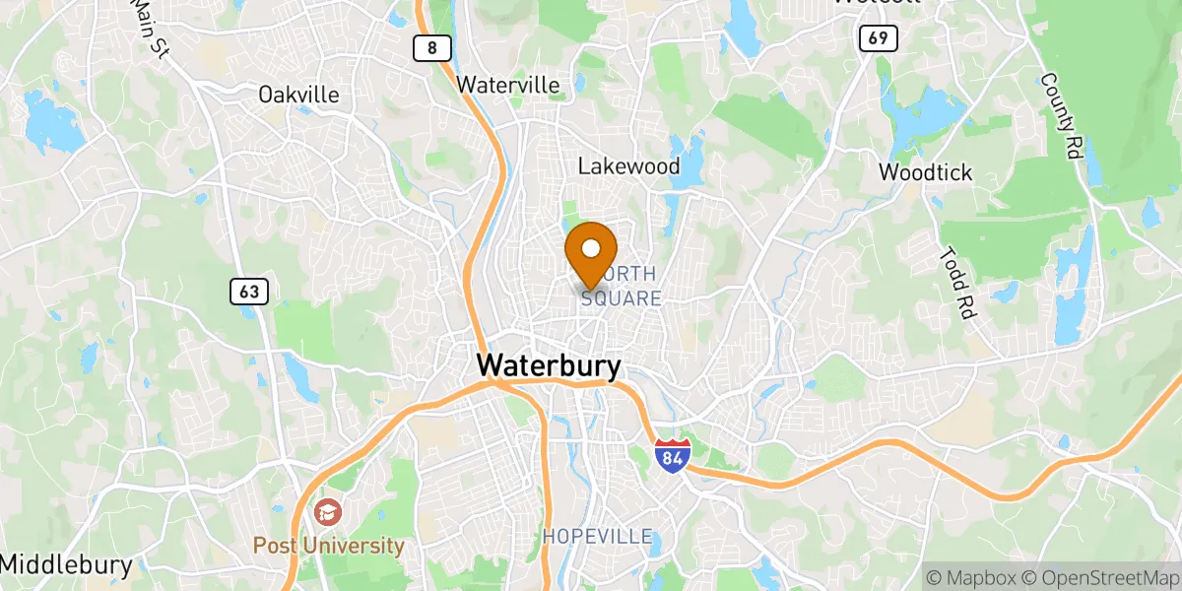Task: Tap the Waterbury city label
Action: point(549,366)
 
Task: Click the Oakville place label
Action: point(297,95)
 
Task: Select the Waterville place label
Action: point(508,86)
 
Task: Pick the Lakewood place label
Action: point(628,165)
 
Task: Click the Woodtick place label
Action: point(925,172)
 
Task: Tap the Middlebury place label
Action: point(66,565)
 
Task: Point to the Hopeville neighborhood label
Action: point(597,537)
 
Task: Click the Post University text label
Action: point(328,546)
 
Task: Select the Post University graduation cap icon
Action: point(326,512)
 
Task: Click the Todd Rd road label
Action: point(957,282)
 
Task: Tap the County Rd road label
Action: point(1060,117)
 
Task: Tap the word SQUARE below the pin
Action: point(621,297)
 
